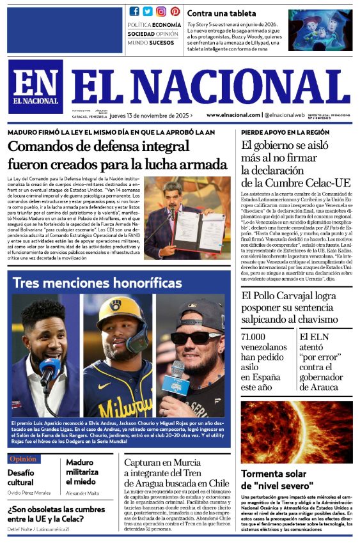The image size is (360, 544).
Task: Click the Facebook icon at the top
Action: click(134, 12)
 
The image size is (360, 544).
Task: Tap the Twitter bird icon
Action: click(148, 12)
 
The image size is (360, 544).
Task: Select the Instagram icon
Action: click(162, 12)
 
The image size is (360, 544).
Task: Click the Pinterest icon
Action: click(175, 12)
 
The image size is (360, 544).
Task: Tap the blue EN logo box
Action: click(36, 87)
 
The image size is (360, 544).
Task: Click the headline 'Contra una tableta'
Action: click(221, 13)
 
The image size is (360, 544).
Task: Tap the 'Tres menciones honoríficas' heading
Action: click(97, 283)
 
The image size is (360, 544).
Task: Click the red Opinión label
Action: click(24, 459)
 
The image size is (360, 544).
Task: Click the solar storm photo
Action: click(297, 432)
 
